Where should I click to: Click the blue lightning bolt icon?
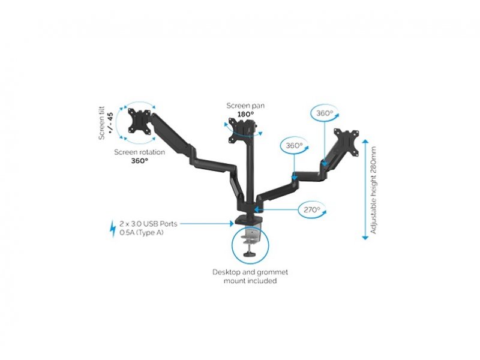[113, 229]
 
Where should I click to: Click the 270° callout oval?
[311, 210]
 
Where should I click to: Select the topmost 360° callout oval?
[325, 113]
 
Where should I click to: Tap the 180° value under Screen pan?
[246, 114]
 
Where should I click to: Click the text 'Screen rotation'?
[139, 152]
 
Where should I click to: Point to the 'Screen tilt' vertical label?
[101, 123]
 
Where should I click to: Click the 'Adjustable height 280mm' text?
[373, 190]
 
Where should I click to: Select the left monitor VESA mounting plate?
[140, 121]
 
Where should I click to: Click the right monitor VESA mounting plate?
[347, 142]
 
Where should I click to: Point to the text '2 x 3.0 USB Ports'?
[148, 224]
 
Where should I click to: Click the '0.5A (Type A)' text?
[142, 233]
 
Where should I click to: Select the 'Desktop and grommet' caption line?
[250, 272]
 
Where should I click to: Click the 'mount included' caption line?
[250, 281]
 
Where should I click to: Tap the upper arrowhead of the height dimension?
[365, 142]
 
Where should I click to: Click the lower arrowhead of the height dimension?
[365, 238]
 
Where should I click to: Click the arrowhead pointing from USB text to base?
[232, 224]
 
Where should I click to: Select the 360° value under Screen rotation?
[140, 161]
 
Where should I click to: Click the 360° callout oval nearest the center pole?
[295, 145]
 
